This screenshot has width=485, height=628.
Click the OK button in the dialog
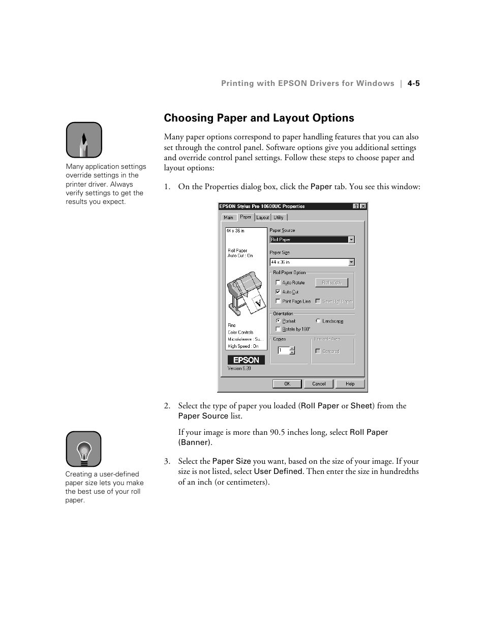pos(287,384)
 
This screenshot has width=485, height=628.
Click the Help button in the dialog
pos(350,384)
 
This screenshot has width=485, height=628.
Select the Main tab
pos(229,218)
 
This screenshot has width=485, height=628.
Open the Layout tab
pos(262,218)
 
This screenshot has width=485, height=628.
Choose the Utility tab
pos(279,218)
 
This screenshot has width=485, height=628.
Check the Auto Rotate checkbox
pos(278,283)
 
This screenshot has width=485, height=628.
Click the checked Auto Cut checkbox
pos(278,292)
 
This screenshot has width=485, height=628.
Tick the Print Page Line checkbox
pos(278,301)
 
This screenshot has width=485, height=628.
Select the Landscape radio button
pos(318,321)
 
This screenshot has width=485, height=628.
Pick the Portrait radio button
pos(278,321)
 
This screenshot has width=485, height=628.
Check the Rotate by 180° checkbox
pos(278,329)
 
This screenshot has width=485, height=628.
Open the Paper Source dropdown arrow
pos(351,240)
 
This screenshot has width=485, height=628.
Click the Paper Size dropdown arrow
pos(351,262)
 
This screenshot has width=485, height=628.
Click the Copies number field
pos(283,350)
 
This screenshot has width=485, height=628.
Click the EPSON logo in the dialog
pos(246,360)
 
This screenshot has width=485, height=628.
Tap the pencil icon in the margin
pos(84,140)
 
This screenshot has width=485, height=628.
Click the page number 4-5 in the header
pos(413,83)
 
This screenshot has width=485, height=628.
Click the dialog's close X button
pos(363,206)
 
